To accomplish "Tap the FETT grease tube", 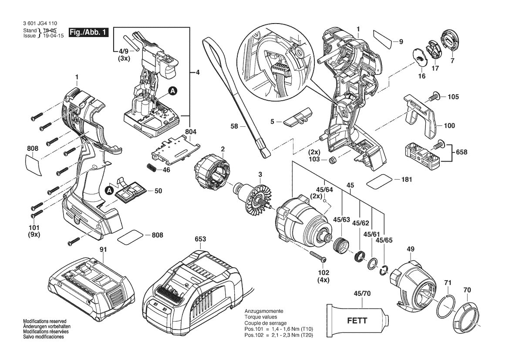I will (x=357, y=320).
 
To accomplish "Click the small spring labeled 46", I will (x=152, y=167).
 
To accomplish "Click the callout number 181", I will (x=406, y=180).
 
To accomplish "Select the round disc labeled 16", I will (x=420, y=57).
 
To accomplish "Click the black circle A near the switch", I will (x=173, y=91).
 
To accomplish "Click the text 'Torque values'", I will (x=260, y=317).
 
